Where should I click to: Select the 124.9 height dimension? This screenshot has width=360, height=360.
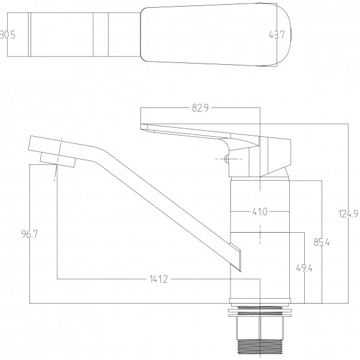[x=344, y=213]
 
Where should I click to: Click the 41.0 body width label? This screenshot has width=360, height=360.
[x=259, y=211]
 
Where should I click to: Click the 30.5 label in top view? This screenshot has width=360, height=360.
[x=8, y=35]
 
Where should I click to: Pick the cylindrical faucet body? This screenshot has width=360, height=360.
[x=260, y=240]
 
